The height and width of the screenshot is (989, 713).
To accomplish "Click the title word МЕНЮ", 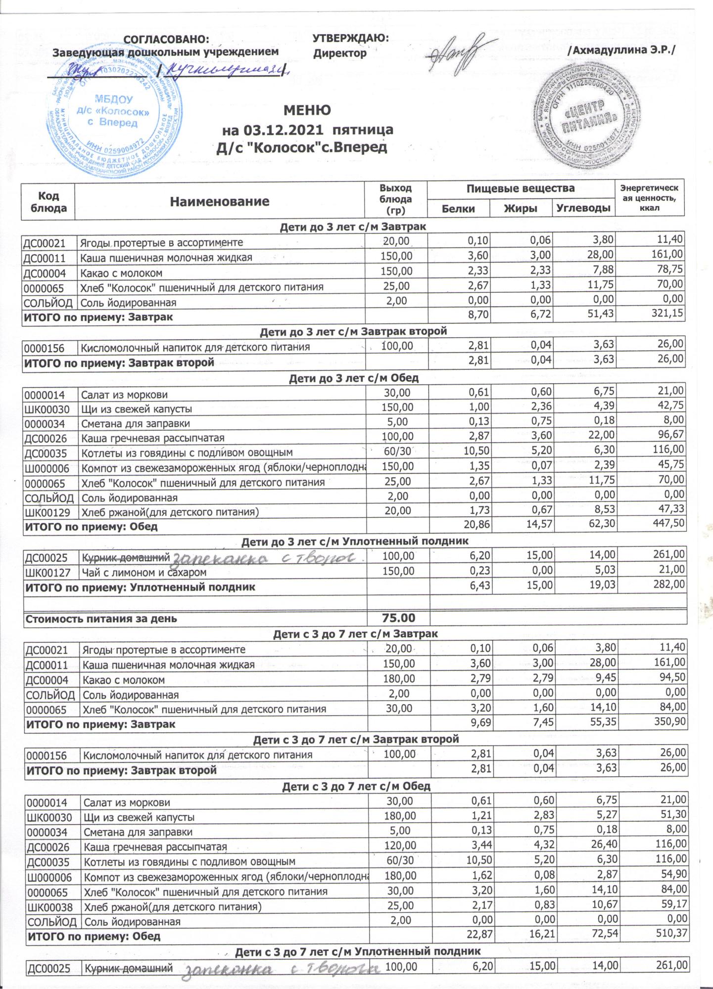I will [307, 110].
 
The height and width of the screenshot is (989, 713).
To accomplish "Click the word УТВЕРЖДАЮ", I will [351, 38].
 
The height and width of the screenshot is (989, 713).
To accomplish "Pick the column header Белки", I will [459, 209].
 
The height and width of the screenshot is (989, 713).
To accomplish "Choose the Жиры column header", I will [521, 209].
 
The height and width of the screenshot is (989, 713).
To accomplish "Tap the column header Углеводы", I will [583, 209].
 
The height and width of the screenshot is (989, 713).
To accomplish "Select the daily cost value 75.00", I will [398, 618].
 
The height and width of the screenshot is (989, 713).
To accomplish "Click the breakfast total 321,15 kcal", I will [666, 316].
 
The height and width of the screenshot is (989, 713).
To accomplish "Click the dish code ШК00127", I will [48, 572].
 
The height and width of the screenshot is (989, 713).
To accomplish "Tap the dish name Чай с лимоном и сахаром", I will [143, 572].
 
